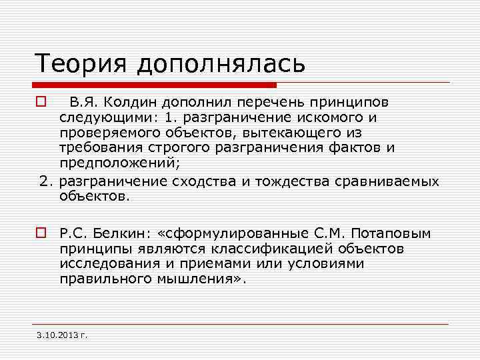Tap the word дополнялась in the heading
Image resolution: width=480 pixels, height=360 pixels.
click(221, 64)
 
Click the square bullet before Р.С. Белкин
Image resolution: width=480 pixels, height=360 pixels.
click(41, 233)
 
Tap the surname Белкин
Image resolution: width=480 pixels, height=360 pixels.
click(123, 233)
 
